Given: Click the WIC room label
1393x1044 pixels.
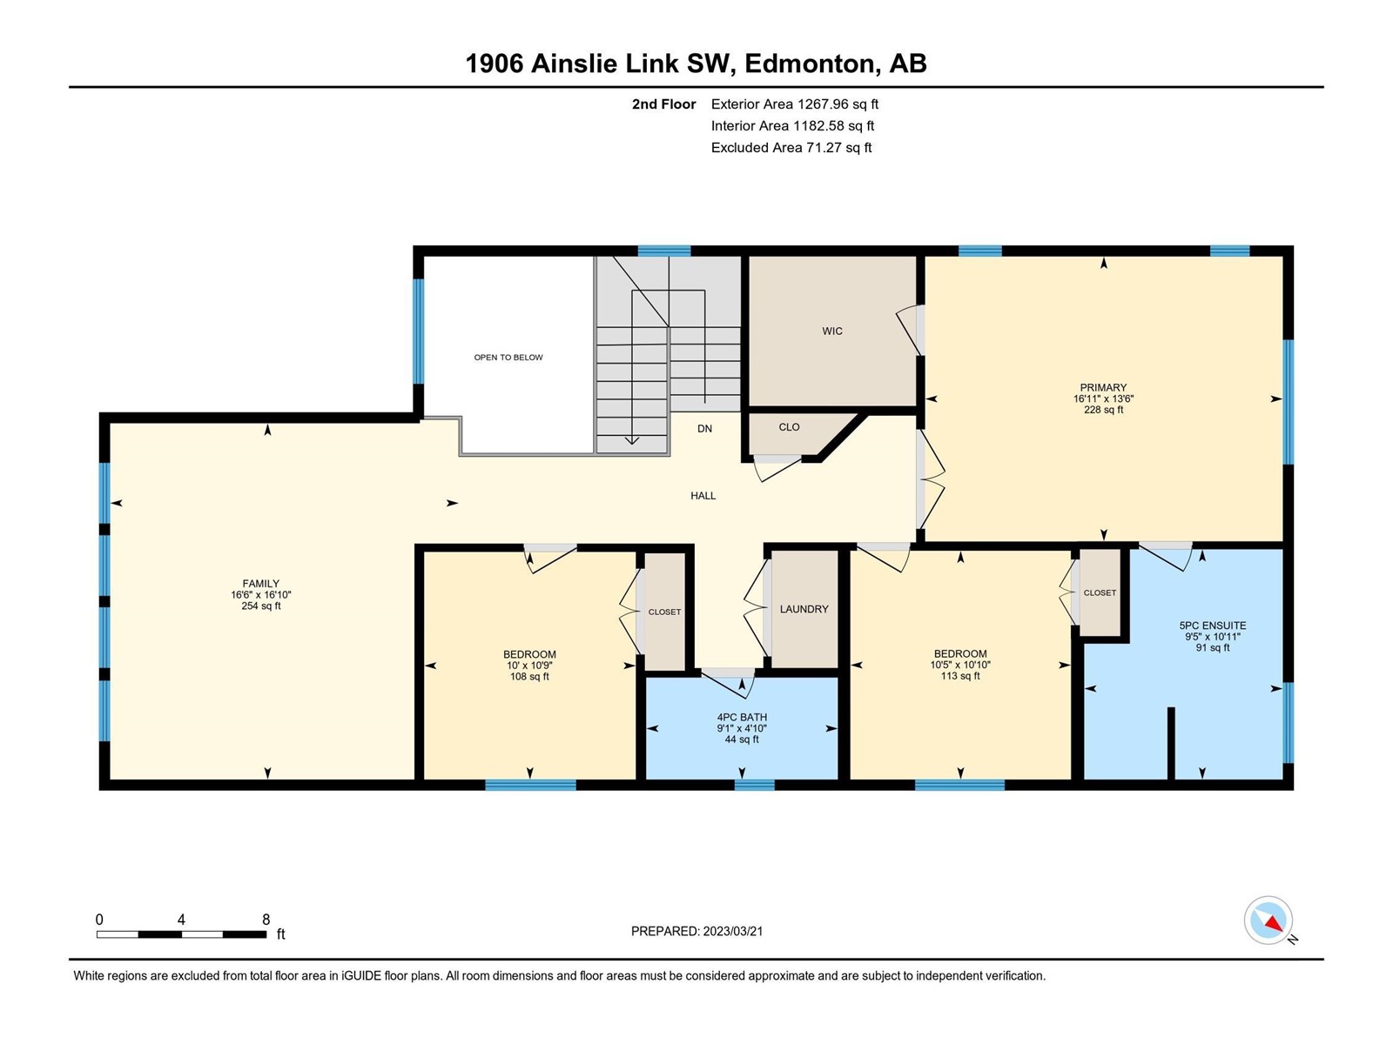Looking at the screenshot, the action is coord(832,331).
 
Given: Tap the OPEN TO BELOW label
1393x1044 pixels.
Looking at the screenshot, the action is coord(508,358).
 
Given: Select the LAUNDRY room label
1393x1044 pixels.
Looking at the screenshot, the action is coord(804,609).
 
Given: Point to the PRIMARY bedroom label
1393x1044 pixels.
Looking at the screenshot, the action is coord(1104,387).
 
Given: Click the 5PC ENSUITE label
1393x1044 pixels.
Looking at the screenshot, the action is coord(1213,625).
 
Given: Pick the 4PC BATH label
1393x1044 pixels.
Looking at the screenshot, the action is coord(742,717).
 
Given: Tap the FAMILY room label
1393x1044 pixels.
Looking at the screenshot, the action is coord(261,583).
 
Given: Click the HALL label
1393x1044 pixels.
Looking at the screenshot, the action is coord(703,496).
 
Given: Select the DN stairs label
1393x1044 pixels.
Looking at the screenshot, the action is coord(704,429).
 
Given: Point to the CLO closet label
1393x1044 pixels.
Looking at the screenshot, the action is coord(789,427).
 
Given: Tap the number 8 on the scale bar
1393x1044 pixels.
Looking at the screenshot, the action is coord(266,919).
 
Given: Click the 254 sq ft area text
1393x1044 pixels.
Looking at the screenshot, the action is coord(261,606).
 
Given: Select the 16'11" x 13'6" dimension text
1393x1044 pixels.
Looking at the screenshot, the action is coord(1104,398).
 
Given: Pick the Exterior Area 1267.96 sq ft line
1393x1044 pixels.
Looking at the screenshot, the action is coord(795,104).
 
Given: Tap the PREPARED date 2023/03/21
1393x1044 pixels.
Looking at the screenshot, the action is coord(733,931).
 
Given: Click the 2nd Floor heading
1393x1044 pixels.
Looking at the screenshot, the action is coord(663,104).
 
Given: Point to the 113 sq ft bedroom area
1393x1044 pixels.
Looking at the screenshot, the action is coord(960,676).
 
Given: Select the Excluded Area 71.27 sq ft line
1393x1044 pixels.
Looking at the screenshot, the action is coord(791,148).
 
